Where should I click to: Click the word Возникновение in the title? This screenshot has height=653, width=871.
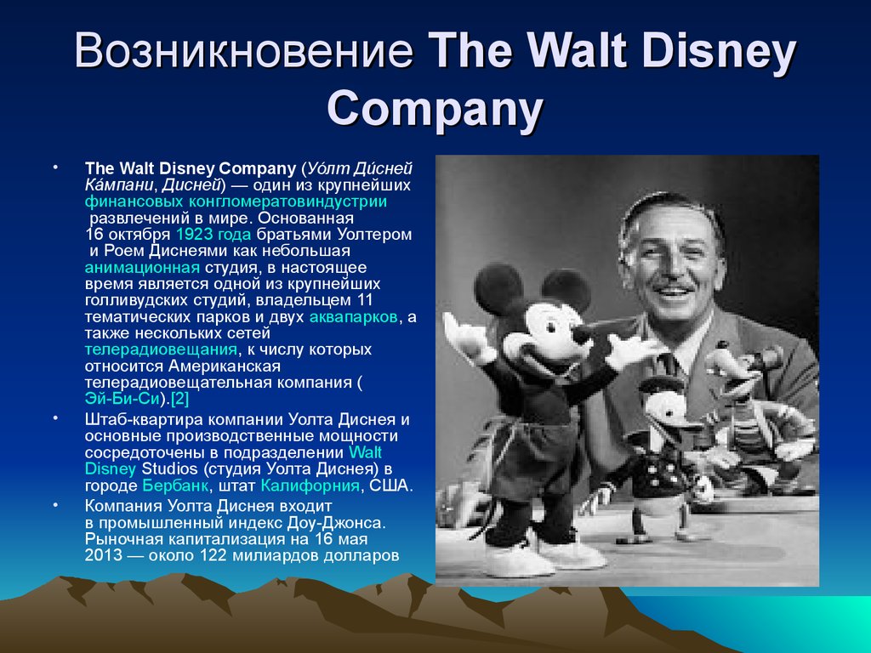click(244, 50)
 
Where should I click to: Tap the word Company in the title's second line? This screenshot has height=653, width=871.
click(435, 108)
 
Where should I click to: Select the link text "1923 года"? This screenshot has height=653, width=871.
click(213, 235)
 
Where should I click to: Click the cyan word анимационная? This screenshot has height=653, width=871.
click(142, 268)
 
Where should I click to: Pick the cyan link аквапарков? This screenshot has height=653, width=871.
click(353, 317)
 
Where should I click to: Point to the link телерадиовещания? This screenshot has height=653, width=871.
click(161, 349)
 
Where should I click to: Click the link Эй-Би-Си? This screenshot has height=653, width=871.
click(122, 399)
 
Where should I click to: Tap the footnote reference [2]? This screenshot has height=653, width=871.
click(180, 399)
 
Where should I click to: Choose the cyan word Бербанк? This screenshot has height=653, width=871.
click(175, 485)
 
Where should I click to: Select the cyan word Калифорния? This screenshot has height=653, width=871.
click(310, 485)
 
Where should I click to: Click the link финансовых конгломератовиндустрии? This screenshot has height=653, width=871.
click(236, 202)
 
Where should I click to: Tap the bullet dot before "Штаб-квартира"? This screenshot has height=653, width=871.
click(55, 417)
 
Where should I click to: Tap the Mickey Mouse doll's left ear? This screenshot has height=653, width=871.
click(498, 289)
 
